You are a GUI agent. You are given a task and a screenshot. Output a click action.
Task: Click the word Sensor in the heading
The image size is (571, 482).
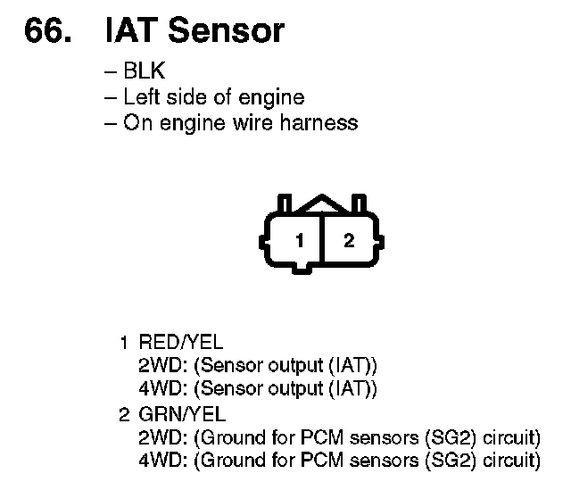(227, 31)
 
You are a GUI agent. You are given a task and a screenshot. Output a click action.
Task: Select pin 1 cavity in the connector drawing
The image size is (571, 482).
(301, 240)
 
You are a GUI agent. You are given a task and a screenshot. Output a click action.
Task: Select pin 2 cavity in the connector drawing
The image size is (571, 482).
(349, 240)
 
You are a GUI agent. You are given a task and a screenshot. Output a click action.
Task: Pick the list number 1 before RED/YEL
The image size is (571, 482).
(125, 342)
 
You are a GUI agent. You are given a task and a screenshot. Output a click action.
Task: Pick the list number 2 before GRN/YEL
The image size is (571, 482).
(125, 414)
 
